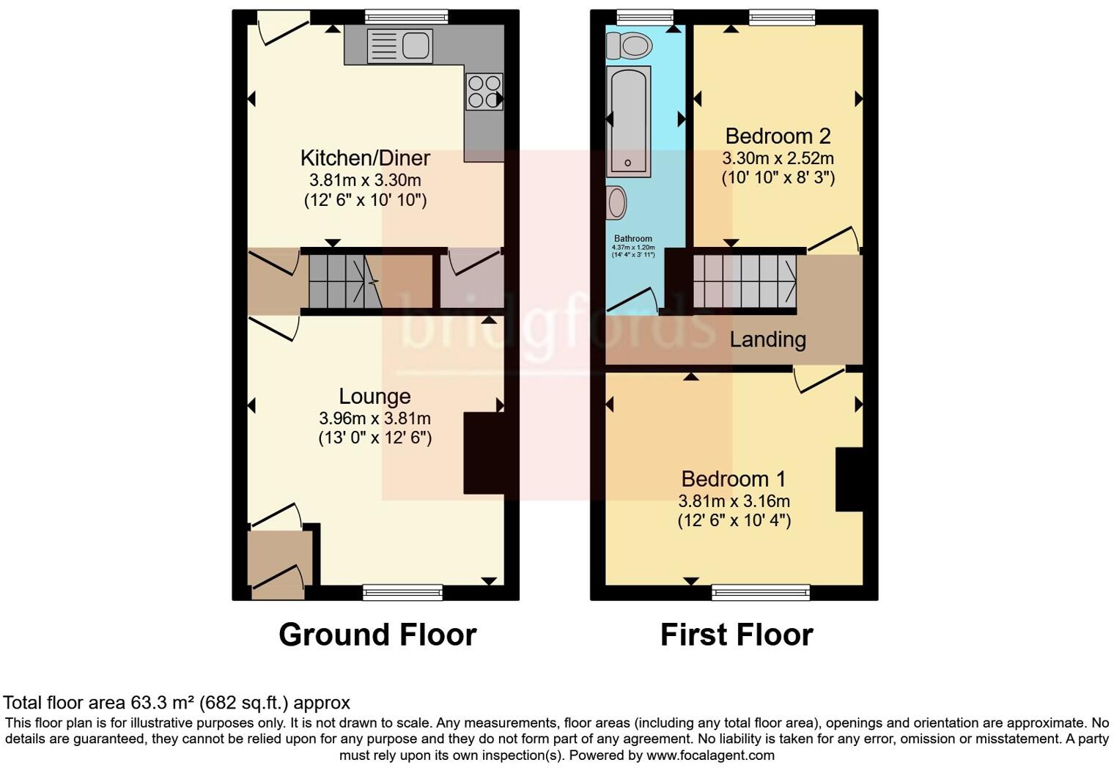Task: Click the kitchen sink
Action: (x=399, y=46)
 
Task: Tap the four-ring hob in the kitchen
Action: (x=484, y=92)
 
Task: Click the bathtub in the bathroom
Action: (x=629, y=121)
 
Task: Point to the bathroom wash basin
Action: (x=617, y=202)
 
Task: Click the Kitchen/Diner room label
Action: (x=365, y=158)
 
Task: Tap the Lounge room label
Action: (x=375, y=396)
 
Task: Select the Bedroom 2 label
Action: (x=778, y=136)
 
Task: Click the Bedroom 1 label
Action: (x=733, y=479)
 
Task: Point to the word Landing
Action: (x=767, y=340)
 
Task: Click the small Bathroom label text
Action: (x=632, y=239)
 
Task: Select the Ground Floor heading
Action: (x=377, y=635)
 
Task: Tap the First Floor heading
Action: (x=737, y=635)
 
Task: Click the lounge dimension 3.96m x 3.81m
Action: (x=375, y=418)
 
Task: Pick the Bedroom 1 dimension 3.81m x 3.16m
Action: (x=734, y=501)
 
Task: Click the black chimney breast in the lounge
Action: (x=484, y=453)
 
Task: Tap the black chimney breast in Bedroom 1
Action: (x=849, y=479)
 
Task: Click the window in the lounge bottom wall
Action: (x=403, y=591)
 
